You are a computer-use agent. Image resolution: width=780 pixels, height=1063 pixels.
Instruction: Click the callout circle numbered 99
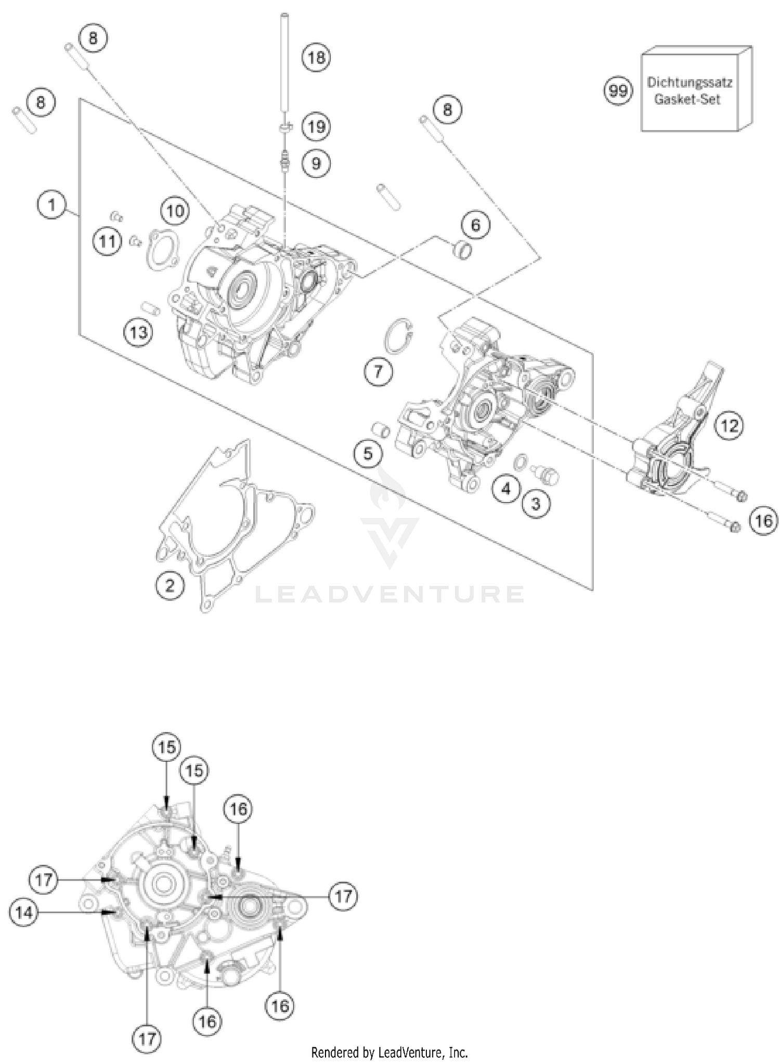tap(618, 91)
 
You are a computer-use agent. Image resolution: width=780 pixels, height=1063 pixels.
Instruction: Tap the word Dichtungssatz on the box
tap(689, 82)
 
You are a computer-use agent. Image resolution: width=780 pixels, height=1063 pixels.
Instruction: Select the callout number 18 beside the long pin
tap(316, 57)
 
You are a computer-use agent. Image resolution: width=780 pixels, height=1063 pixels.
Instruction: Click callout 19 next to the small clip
tap(316, 126)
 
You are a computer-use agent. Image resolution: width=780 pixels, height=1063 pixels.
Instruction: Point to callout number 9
tap(316, 163)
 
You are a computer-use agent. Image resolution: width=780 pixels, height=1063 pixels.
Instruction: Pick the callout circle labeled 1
tap(51, 204)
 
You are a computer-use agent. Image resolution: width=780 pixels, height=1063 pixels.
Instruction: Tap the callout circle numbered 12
tap(729, 426)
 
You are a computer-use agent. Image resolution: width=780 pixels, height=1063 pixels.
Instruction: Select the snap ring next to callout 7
tap(398, 337)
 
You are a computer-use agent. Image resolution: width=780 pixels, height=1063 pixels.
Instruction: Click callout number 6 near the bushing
tap(475, 225)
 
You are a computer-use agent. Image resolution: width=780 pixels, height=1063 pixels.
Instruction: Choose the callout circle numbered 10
tap(175, 211)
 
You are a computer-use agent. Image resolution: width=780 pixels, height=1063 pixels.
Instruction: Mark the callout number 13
tap(138, 332)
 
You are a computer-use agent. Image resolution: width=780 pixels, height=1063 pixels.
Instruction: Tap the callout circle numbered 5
tap(368, 453)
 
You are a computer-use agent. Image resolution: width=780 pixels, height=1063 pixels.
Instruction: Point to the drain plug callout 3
tap(536, 503)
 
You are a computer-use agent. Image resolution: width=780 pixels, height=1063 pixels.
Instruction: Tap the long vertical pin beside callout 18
tap(285, 62)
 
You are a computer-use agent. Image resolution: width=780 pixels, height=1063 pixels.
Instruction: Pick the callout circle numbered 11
tap(107, 241)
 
